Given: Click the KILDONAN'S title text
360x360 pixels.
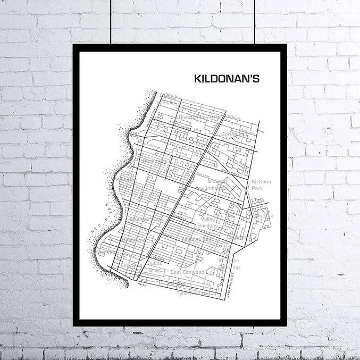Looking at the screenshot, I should tap(227, 79).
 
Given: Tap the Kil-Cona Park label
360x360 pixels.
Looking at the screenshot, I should tap(261, 185).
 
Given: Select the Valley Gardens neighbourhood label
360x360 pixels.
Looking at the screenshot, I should tap(208, 222).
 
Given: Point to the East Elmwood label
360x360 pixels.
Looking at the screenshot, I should tap(187, 272).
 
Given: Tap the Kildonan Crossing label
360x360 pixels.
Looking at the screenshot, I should tap(229, 263).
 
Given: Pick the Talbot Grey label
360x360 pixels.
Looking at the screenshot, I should tap(154, 266).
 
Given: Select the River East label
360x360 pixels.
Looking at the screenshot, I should tap(192, 117).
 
